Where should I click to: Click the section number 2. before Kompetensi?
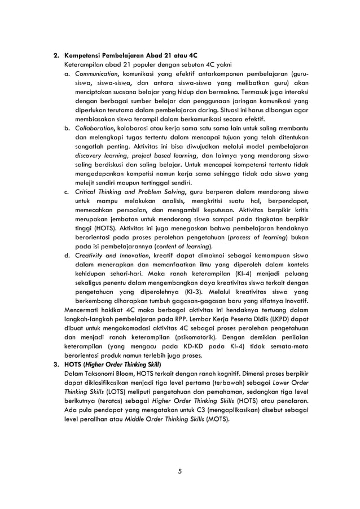tap(56, 57)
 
